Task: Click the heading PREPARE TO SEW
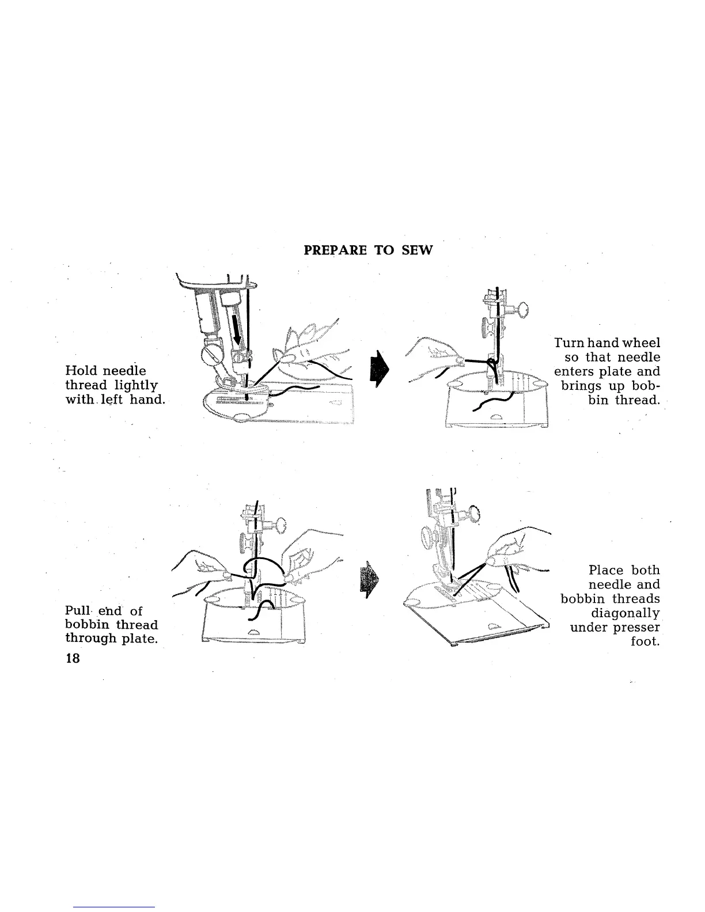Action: (367, 250)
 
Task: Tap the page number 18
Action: (72, 659)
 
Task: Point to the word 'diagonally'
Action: (625, 613)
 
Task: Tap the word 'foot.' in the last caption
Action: (645, 641)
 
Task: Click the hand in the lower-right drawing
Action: (513, 547)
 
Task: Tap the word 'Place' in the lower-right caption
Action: (605, 570)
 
